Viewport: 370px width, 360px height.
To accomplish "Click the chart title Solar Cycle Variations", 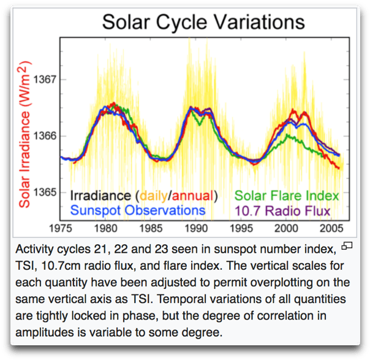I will tap(203, 23).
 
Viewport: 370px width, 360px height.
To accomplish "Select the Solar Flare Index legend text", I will tap(287, 196).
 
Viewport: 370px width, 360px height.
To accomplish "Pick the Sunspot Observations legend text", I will tap(138, 210).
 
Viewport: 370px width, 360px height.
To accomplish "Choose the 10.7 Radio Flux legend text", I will tap(283, 210).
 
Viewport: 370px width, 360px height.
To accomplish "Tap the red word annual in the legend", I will tap(194, 196).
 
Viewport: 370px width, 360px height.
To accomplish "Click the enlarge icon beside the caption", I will tap(347, 247).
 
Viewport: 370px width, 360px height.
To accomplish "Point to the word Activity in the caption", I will tap(36, 250).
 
